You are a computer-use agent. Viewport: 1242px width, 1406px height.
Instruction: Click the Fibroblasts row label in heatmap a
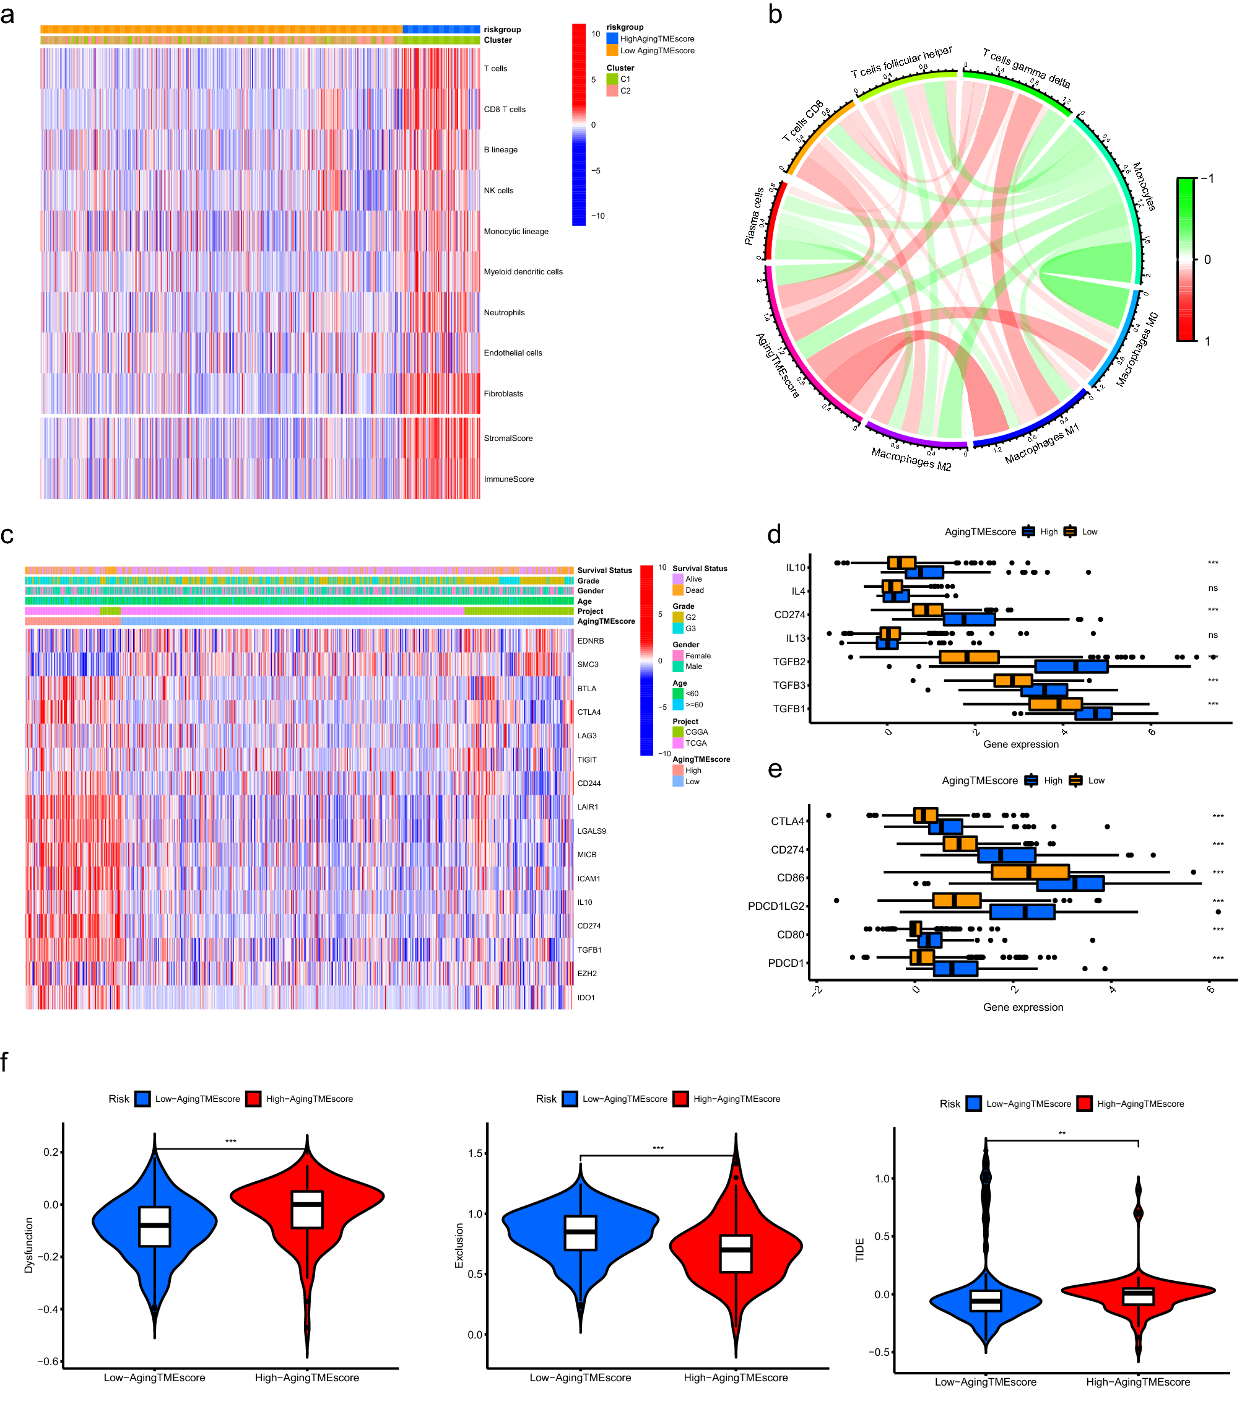pos(503,393)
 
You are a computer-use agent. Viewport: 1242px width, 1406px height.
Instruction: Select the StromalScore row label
pos(508,438)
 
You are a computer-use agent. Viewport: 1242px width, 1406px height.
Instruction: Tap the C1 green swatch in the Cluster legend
pos(612,79)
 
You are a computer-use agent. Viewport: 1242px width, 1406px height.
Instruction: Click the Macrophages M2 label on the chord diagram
pos(911,459)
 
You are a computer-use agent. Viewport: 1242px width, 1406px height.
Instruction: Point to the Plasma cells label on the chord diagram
pos(754,216)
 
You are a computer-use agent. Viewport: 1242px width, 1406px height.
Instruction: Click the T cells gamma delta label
pos(1026,68)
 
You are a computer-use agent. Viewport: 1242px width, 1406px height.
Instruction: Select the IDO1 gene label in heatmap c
pos(586,997)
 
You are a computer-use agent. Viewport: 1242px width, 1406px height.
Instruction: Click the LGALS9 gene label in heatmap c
pos(591,831)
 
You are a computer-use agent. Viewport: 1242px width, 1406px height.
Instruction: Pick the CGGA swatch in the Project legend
pos(678,732)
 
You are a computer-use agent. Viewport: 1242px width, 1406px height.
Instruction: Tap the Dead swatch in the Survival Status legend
pos(678,590)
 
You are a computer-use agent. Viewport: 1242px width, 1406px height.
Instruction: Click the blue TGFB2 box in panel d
pos(1070,666)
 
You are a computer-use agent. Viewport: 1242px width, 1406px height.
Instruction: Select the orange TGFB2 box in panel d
pos(969,657)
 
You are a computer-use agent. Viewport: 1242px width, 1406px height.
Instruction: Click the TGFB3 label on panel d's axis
pos(789,685)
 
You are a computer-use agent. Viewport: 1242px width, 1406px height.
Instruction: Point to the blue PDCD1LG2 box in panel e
pos(1022,912)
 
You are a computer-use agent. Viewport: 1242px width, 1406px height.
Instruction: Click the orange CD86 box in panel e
pos(1030,872)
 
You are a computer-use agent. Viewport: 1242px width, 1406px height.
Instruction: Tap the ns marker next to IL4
pos(1213,588)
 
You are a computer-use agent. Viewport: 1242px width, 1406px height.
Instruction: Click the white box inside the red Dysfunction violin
pos(306,1209)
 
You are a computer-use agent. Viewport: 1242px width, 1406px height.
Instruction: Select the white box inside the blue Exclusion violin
pos(580,1233)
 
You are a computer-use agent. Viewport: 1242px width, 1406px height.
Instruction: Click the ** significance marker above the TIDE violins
pos(1062,1133)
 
